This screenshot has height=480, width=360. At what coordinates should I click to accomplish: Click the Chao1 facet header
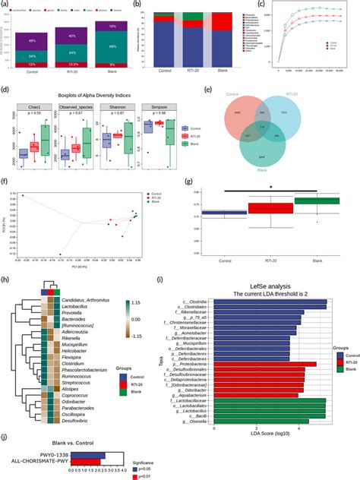click(32, 109)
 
